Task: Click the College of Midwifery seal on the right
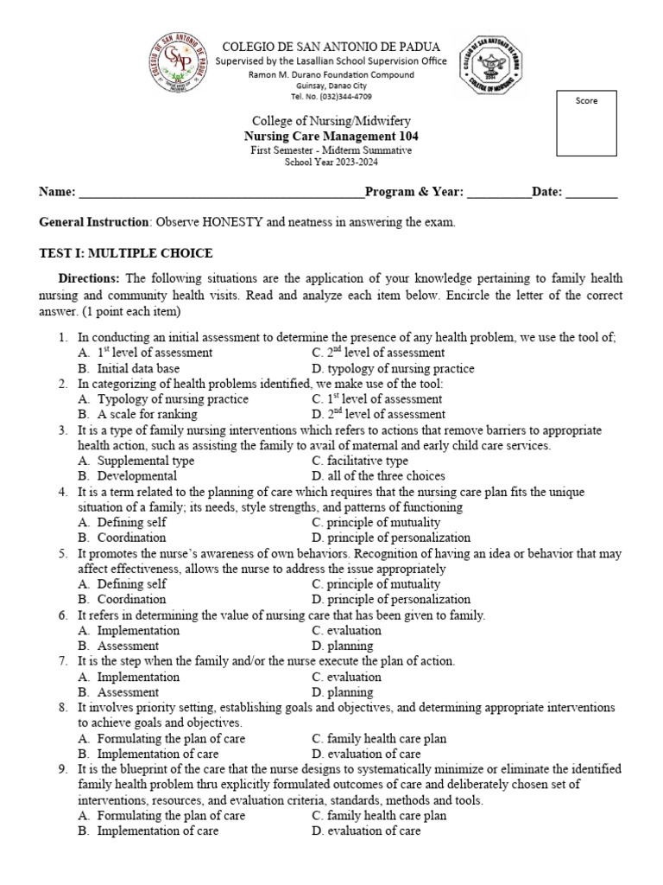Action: (489, 67)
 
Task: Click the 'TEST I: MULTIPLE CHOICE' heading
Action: (126, 253)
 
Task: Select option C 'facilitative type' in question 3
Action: (360, 461)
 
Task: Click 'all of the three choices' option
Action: (378, 476)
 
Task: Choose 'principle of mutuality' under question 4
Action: (376, 522)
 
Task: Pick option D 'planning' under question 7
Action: (343, 692)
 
